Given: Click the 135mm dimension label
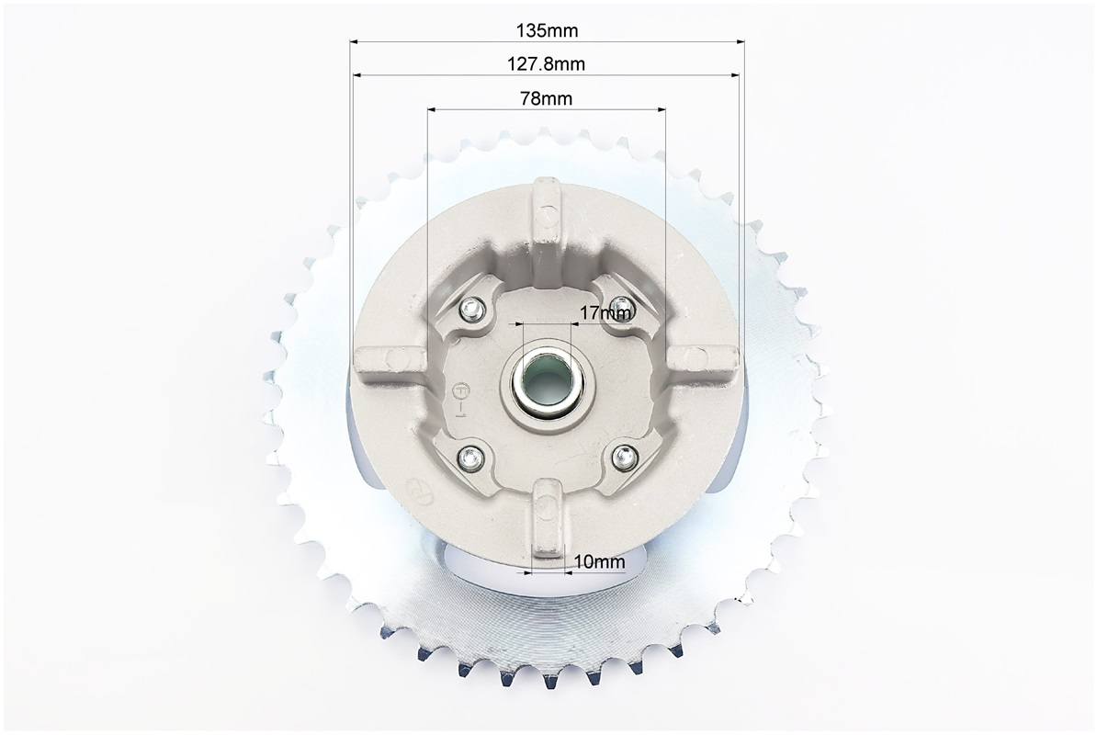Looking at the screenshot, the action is click(x=547, y=30).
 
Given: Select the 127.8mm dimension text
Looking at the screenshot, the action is click(x=546, y=64).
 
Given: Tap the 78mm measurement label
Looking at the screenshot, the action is click(x=547, y=98).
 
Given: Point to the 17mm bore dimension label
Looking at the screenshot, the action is click(x=605, y=312).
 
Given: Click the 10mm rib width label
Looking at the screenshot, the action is click(x=600, y=561).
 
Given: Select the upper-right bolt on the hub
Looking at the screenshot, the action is click(x=619, y=306).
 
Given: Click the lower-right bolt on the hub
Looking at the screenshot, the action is click(x=622, y=458).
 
